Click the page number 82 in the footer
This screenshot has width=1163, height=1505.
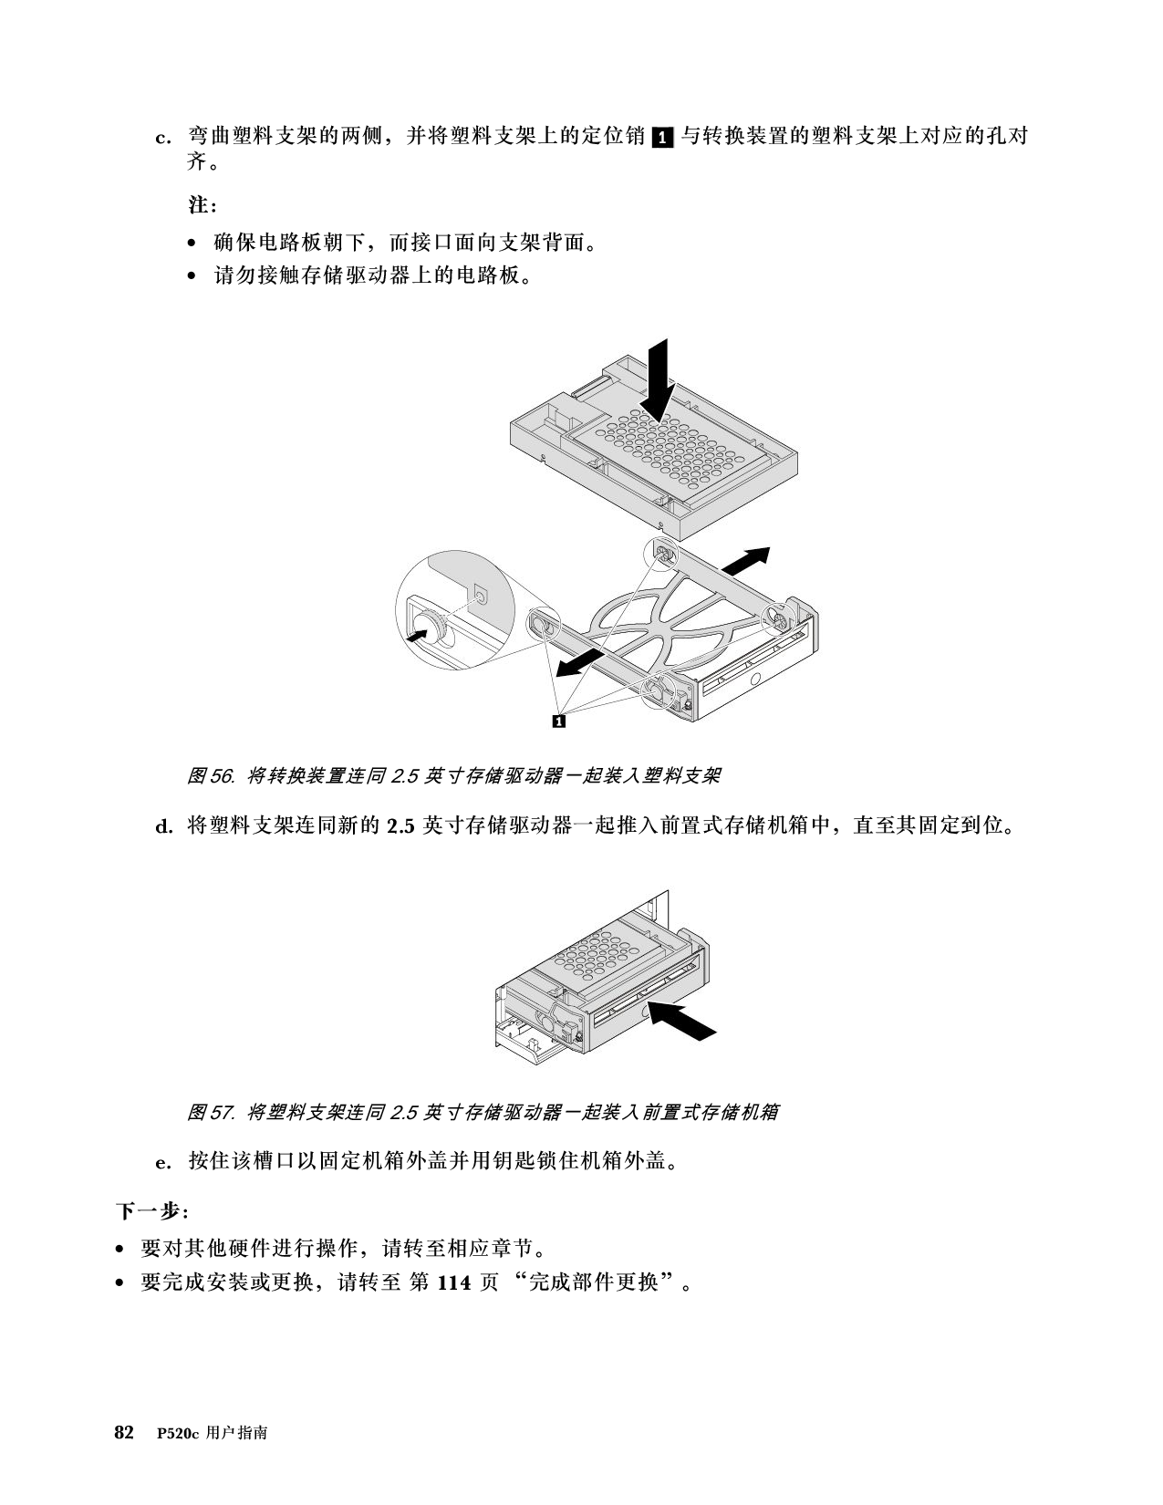[x=124, y=1433]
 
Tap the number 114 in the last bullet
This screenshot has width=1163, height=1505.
[x=454, y=1282]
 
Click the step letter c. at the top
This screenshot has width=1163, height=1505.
[x=163, y=138]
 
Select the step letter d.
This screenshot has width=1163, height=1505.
[x=164, y=826]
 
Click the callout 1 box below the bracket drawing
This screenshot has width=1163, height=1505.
[x=558, y=721]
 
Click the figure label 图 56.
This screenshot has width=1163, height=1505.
[x=212, y=775]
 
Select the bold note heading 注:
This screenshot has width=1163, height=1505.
[x=202, y=205]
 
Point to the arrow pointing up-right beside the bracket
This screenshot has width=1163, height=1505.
[x=745, y=560]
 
